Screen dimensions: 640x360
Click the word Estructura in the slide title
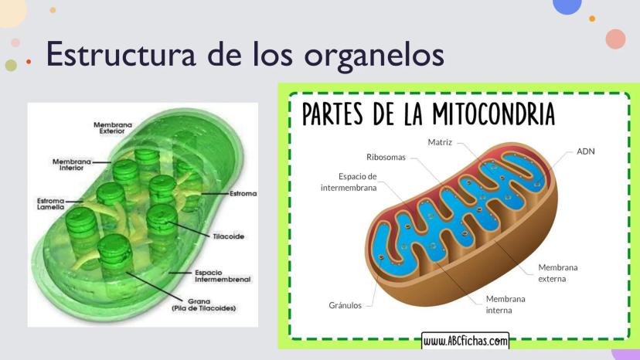121,53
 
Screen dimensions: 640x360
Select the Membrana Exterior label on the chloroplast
113,127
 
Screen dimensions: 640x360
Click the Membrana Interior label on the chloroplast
71,165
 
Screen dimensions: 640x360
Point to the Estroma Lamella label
50,204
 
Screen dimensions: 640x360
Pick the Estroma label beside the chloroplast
243,193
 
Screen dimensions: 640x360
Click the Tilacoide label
229,236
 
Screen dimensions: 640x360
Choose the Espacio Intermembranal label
223,276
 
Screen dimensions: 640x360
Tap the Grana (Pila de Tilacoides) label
204,305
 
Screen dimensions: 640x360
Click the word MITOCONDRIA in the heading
494,114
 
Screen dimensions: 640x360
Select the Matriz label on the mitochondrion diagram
440,142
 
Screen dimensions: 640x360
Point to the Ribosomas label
386,157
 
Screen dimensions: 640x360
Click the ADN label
586,151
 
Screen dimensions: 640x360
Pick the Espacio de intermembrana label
349,182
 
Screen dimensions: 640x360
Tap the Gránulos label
345,305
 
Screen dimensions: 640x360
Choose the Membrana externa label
557,273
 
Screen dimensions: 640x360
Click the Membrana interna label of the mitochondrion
506,304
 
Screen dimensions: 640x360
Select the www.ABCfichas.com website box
465,341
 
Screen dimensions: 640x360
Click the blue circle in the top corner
567,5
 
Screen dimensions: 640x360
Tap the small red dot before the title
29,62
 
